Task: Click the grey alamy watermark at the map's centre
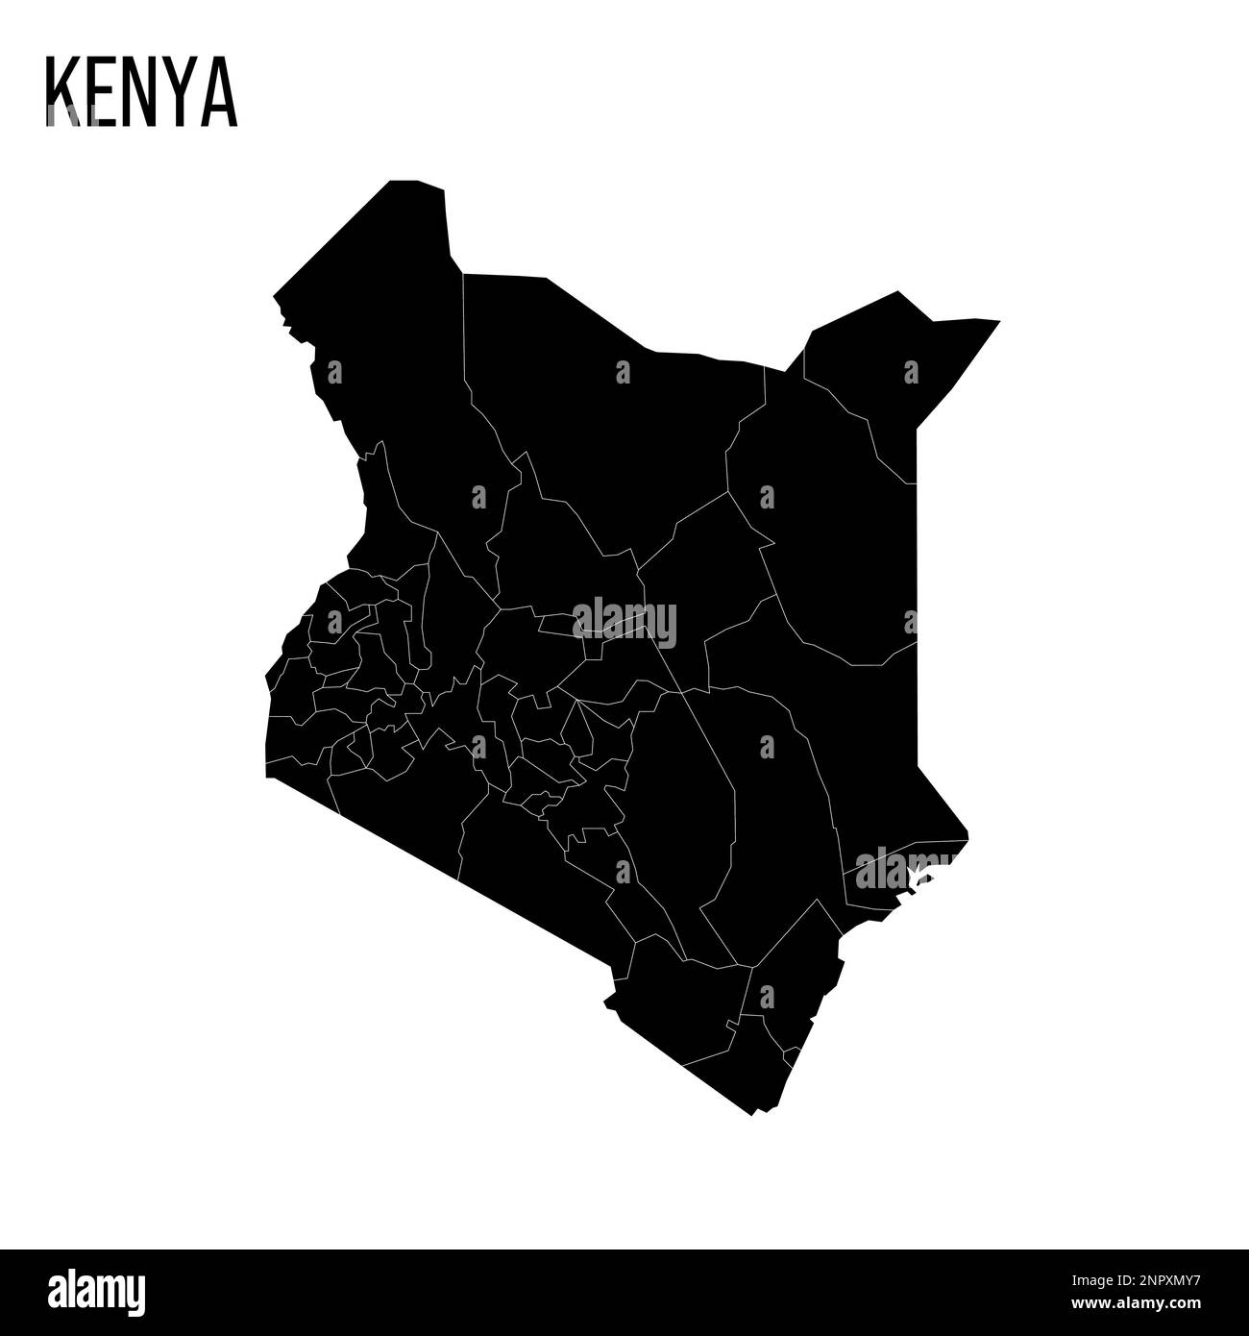point(624,622)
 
